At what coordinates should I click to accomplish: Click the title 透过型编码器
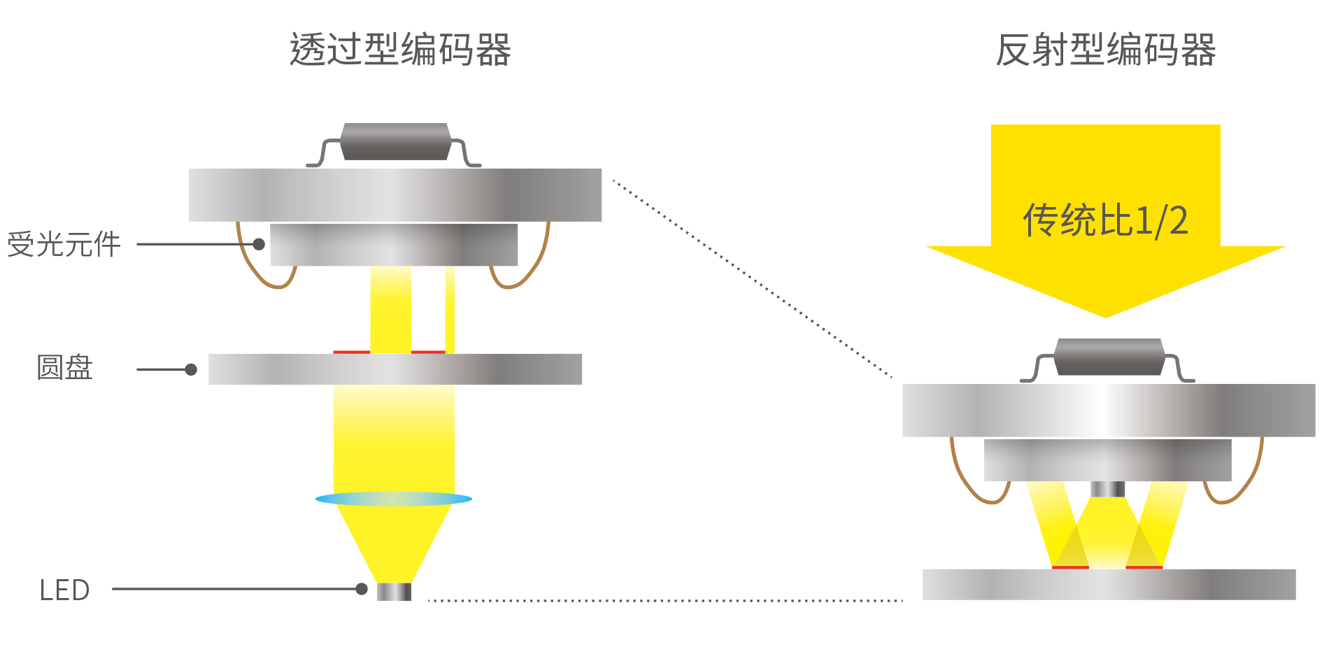point(400,50)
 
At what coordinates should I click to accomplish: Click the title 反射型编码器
point(1105,50)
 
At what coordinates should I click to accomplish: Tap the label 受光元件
point(64,245)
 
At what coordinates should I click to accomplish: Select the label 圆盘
point(64,368)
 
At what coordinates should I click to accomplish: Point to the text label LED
point(64,590)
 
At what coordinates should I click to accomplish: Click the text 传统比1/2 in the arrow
point(1105,220)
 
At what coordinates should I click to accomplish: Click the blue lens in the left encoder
point(394,499)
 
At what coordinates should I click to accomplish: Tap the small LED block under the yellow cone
point(394,592)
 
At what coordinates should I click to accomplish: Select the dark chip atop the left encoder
point(395,142)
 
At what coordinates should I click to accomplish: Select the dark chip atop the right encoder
point(1109,357)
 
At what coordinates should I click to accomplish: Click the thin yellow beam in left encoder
point(450,309)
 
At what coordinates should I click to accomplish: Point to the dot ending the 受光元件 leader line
point(259,244)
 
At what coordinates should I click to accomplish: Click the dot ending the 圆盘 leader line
point(191,369)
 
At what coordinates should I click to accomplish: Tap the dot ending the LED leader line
point(362,589)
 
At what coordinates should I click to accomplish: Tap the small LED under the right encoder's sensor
point(1108,489)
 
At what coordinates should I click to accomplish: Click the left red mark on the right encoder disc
point(1070,567)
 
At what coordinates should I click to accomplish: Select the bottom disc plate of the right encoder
point(1109,585)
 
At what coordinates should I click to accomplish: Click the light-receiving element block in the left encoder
point(394,245)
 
